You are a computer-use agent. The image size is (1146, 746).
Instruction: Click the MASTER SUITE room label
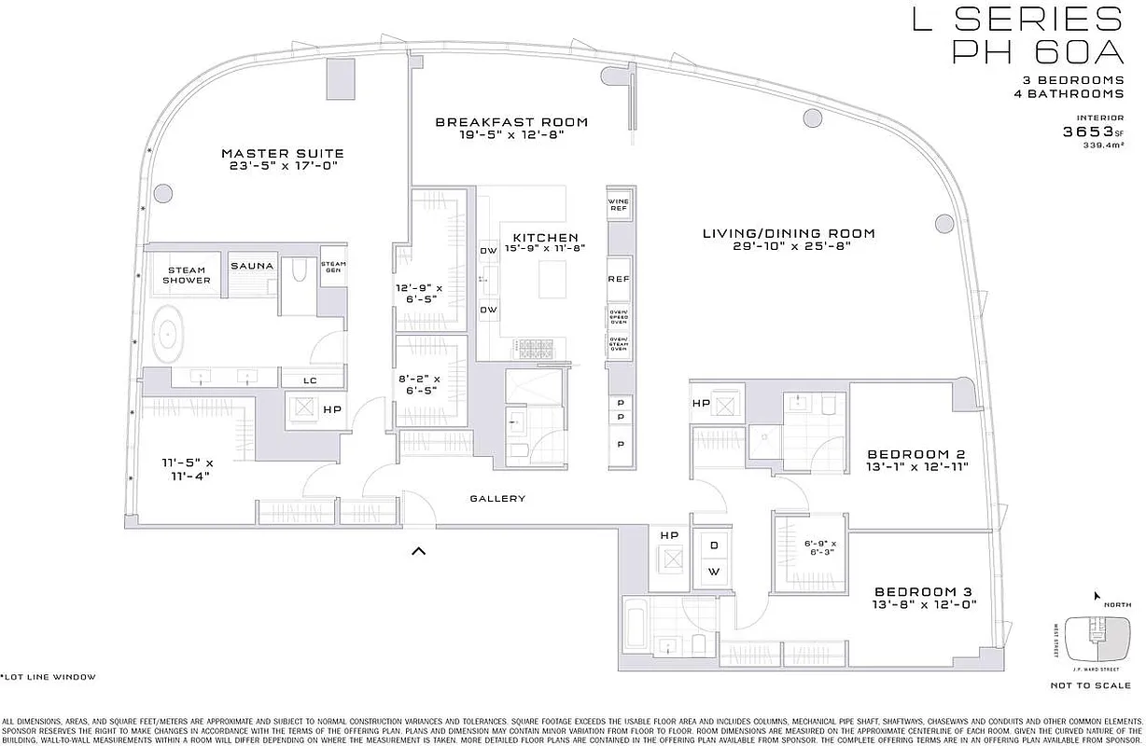pos(282,153)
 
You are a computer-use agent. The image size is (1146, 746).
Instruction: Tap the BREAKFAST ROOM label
pos(511,122)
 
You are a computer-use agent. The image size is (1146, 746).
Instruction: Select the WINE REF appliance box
pos(619,205)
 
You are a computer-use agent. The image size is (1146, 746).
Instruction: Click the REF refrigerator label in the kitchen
pos(619,279)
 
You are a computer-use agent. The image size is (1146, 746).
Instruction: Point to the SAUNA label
pos(252,266)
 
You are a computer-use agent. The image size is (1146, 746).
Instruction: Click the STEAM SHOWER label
pos(188,275)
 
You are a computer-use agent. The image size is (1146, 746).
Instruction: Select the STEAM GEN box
pos(333,268)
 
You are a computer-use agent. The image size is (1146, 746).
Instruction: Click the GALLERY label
pos(497,499)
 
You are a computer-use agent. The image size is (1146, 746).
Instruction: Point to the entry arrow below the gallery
pos(419,551)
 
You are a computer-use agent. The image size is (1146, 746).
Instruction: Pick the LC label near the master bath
pos(311,380)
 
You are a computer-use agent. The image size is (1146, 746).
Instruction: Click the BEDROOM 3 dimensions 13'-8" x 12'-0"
pos(925,604)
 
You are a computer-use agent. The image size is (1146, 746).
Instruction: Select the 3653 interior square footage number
pos(1085,131)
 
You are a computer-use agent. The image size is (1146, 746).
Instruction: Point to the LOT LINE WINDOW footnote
pos(48,677)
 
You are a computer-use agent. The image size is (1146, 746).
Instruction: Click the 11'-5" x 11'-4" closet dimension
pos(184,469)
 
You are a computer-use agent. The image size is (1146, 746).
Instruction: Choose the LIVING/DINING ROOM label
pos(789,233)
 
